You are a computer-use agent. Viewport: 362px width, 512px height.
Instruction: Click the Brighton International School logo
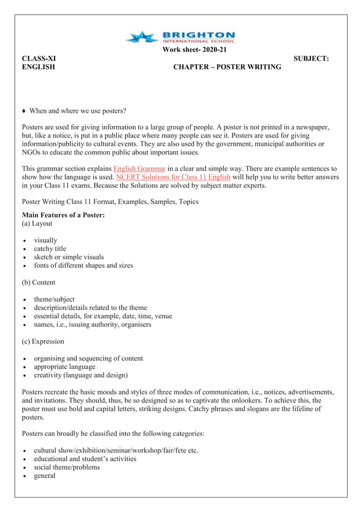pyautogui.click(x=180, y=37)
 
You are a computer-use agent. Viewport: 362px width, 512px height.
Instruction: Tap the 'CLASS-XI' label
pyautogui.click(x=39, y=58)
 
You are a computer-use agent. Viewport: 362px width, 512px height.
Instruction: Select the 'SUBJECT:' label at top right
pyautogui.click(x=312, y=58)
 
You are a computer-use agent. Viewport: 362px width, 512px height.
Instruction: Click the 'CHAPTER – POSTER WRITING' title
pyautogui.click(x=227, y=67)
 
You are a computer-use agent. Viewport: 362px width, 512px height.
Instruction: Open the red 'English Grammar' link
pyautogui.click(x=140, y=169)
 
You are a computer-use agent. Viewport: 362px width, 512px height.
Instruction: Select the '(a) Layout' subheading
pyautogui.click(x=37, y=224)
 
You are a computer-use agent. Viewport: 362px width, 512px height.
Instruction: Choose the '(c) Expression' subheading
pyautogui.click(x=43, y=341)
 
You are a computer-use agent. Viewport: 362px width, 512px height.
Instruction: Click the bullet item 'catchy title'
pyautogui.click(x=50, y=249)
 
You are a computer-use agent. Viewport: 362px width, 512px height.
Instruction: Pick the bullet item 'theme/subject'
pyautogui.click(x=54, y=299)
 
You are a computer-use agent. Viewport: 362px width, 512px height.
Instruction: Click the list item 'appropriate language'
pyautogui.click(x=64, y=367)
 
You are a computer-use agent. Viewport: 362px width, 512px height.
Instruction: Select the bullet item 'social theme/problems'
pyautogui.click(x=66, y=467)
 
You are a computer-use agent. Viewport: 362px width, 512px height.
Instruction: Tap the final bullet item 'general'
pyautogui.click(x=45, y=476)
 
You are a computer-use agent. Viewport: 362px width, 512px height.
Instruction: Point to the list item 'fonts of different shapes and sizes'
pyautogui.click(x=83, y=265)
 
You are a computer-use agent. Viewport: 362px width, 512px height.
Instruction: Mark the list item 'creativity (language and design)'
pyautogui.click(x=81, y=375)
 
